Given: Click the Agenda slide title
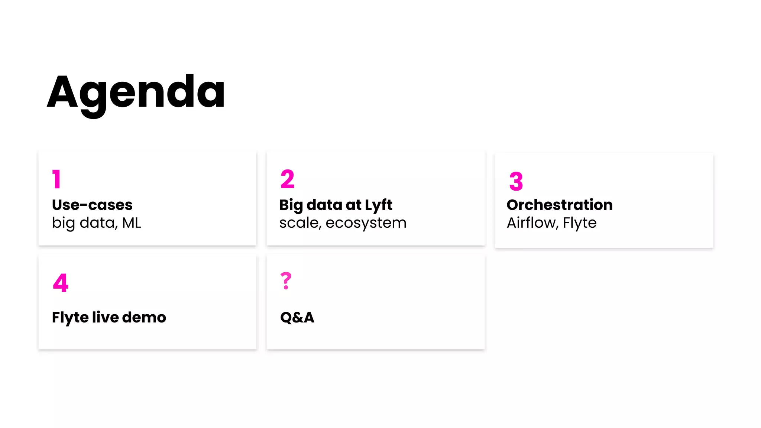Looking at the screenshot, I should tap(136, 93).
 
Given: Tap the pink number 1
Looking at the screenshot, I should tap(56, 179).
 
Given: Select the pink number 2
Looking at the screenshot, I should tap(287, 179).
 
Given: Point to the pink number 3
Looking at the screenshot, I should tap(516, 181).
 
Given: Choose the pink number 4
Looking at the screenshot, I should tap(61, 283).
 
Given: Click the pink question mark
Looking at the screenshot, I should tap(286, 281).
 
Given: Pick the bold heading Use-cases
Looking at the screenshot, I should tap(92, 205).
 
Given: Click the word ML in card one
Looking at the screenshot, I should tap(132, 223).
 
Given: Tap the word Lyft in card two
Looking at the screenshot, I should tap(378, 205).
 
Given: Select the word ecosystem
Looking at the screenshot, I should tap(366, 223).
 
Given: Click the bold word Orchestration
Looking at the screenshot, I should tap(560, 205).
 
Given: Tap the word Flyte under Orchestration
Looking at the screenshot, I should tap(580, 223).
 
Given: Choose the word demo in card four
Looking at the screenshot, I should tap(144, 317).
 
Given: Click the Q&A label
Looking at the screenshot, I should tap(297, 317).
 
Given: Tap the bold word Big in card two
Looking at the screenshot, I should tap(291, 205).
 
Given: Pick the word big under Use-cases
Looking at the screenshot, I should tap(63, 223).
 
